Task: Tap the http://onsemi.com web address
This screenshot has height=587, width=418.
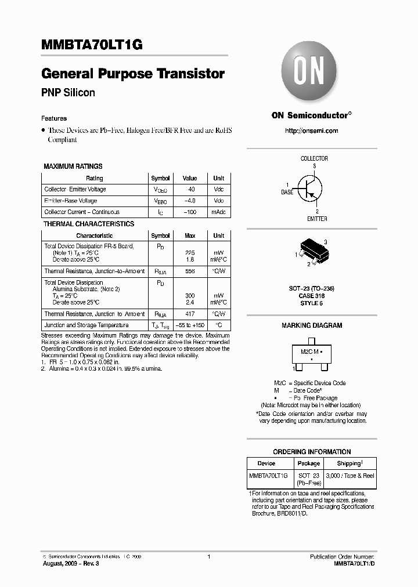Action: click(x=311, y=131)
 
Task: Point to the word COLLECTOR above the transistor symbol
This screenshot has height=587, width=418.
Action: click(x=314, y=158)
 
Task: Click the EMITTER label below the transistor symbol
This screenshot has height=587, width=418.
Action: click(x=317, y=219)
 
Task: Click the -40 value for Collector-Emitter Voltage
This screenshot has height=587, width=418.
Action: click(x=190, y=190)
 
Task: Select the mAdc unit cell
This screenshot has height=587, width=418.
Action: click(x=218, y=212)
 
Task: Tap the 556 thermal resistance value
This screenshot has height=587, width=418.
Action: click(x=190, y=271)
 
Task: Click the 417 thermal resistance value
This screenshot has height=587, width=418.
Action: click(x=190, y=314)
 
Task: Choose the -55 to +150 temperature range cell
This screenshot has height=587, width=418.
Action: click(x=190, y=325)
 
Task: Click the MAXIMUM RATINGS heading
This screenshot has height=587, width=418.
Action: click(x=73, y=166)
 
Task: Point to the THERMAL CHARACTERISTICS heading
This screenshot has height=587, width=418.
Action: click(x=89, y=224)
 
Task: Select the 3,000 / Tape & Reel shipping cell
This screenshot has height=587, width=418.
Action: click(x=350, y=476)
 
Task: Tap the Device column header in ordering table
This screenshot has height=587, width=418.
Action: click(x=266, y=463)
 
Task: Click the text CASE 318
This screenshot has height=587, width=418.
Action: click(x=312, y=296)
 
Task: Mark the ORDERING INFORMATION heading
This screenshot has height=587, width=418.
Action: click(x=312, y=452)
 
